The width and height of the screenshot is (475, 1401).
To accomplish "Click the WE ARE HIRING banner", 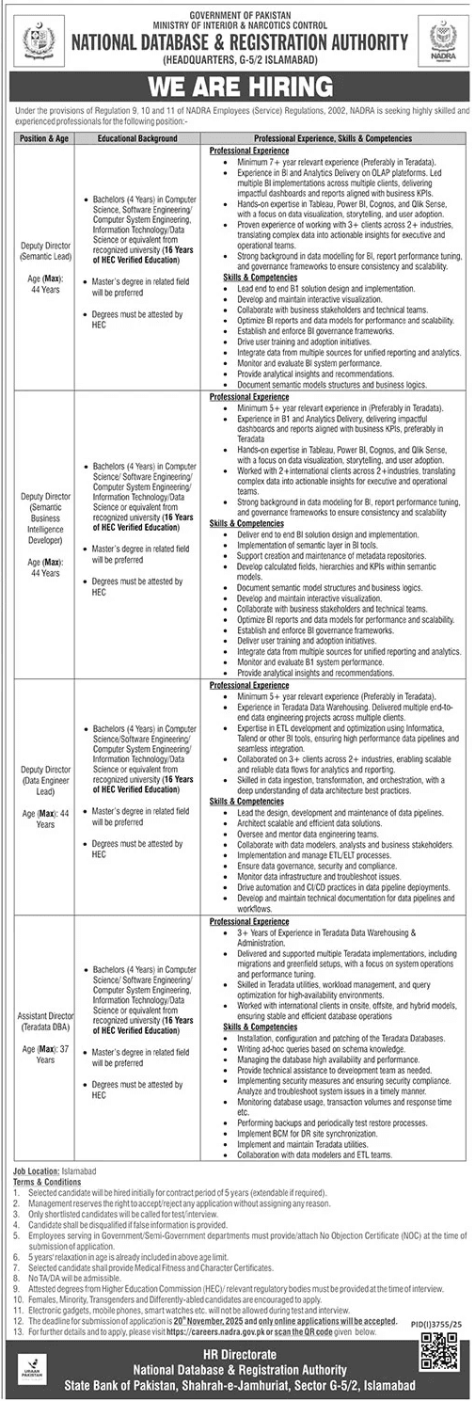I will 237,88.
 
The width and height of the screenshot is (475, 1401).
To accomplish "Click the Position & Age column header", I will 44,138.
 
